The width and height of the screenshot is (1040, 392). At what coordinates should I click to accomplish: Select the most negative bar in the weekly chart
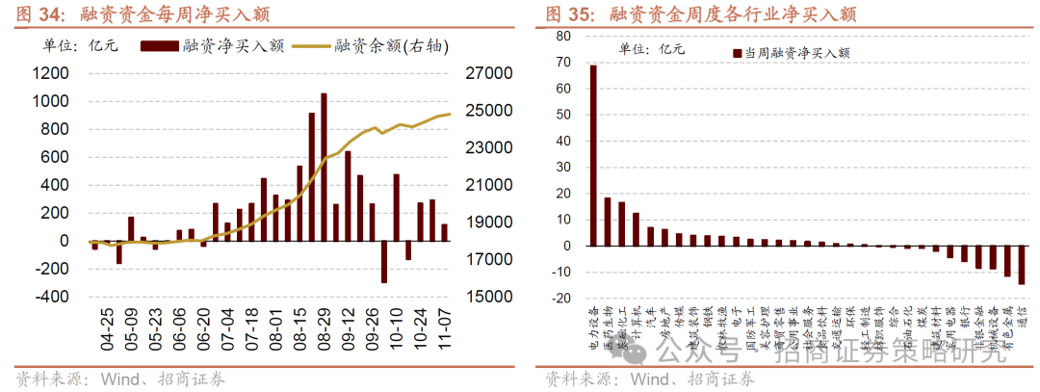coord(383,261)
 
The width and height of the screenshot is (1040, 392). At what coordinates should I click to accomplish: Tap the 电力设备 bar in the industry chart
coord(593,155)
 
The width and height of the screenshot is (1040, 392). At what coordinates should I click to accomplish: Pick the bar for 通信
coord(1021,265)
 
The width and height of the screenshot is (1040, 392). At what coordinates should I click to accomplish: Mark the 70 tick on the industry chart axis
coord(564,62)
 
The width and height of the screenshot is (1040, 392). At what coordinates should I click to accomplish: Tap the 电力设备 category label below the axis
coord(593,323)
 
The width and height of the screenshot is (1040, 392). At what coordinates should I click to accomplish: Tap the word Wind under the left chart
coord(117,379)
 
